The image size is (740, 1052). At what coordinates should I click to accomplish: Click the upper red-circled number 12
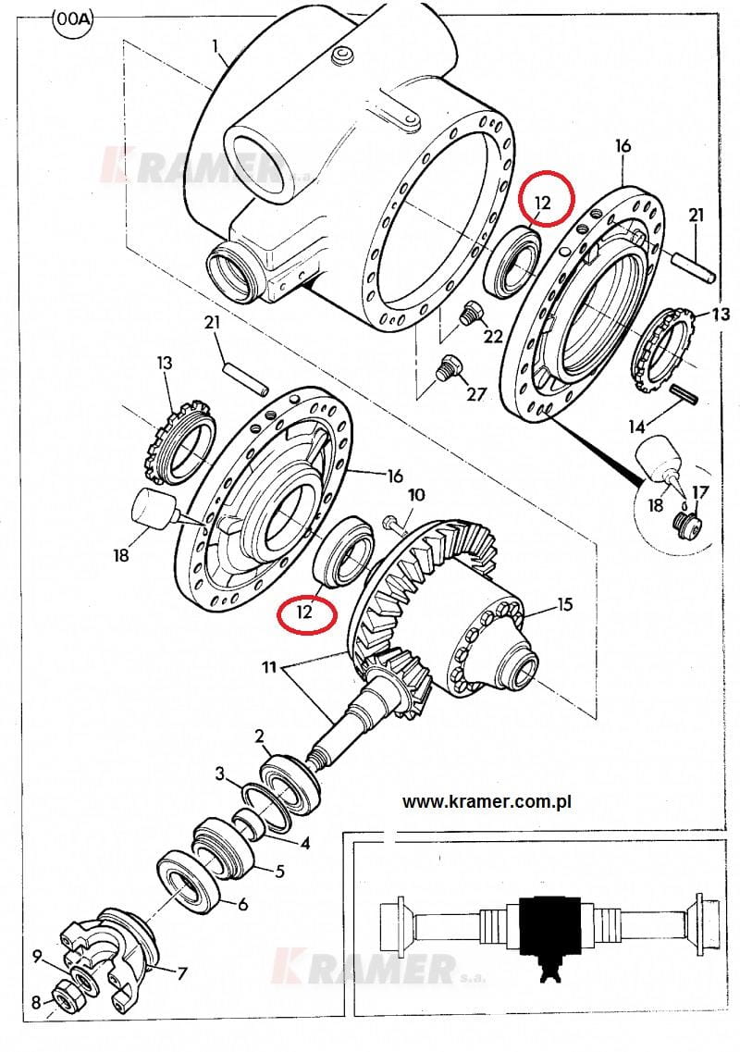coord(543,202)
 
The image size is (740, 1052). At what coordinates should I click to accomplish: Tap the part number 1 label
coord(216,46)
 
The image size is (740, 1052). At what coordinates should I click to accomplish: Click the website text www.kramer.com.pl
coord(487,802)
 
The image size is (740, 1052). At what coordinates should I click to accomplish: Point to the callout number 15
coord(565,604)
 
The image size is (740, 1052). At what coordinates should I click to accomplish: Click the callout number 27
coord(475,394)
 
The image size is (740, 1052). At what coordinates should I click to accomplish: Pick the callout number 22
coord(493,336)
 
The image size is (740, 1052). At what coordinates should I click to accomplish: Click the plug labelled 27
coord(446,367)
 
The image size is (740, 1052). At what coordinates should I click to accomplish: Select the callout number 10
coord(416,495)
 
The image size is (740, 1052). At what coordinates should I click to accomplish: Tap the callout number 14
coord(637,426)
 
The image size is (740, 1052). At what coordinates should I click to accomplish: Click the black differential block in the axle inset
coord(550,930)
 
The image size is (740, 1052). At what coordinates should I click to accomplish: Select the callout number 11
coord(270,668)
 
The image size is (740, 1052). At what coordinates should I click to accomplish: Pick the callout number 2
coord(260,736)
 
